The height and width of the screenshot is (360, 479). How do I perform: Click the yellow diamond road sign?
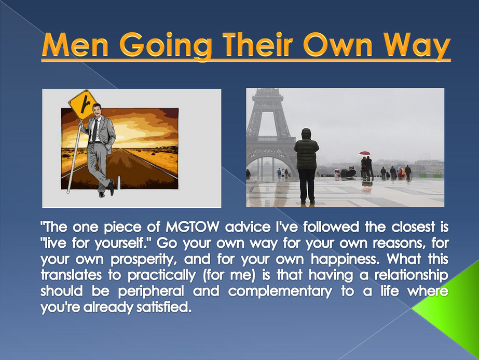82,104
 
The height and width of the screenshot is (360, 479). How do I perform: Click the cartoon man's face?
97,111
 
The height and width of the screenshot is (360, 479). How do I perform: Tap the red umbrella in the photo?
365,153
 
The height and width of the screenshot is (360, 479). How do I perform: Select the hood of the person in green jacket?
306,135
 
